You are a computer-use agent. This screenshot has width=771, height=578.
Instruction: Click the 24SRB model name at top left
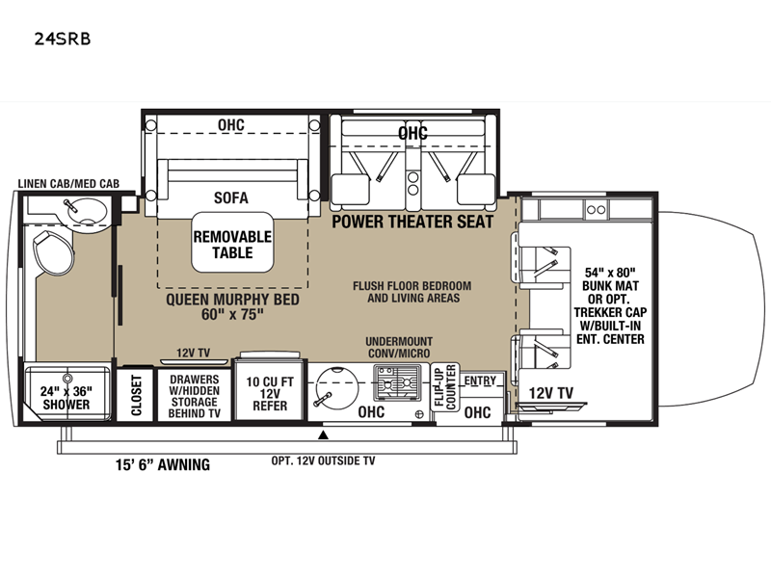tap(63, 39)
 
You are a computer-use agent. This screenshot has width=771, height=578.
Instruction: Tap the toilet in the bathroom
tap(53, 251)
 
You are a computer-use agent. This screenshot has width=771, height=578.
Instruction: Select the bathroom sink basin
tap(87, 211)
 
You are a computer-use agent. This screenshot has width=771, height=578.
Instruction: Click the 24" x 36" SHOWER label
tap(66, 398)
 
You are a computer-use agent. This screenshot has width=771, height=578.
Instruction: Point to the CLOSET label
tap(136, 395)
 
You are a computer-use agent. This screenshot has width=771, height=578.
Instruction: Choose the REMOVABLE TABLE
tap(232, 243)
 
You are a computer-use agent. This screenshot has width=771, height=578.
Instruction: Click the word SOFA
tap(231, 197)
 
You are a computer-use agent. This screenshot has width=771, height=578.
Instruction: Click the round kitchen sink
tap(336, 386)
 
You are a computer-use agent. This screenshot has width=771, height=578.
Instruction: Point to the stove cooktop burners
tap(397, 381)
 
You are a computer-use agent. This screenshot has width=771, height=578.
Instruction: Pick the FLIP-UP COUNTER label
tap(445, 387)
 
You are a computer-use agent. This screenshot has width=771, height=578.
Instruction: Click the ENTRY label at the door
tap(480, 381)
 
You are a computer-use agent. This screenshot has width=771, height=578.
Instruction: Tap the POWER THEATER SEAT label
tap(412, 222)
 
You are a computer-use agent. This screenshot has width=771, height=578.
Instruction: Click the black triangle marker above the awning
tap(323, 435)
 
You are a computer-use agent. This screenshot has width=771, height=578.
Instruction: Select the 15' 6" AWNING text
tap(163, 464)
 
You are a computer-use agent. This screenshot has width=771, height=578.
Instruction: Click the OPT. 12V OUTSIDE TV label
tap(323, 460)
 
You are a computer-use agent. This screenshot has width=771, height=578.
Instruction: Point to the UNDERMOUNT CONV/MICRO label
tap(399, 347)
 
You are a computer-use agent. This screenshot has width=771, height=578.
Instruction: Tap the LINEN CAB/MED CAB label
tap(68, 184)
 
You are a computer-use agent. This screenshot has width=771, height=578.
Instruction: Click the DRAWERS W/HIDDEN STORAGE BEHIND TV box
tap(195, 395)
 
